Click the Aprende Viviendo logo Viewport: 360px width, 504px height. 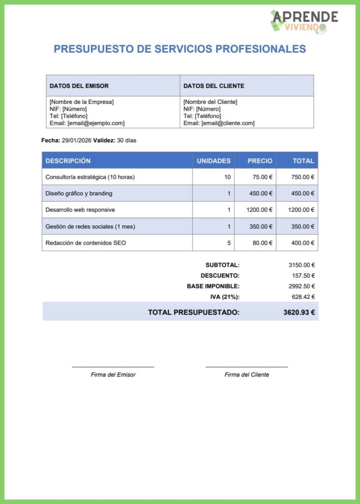[x=304, y=22]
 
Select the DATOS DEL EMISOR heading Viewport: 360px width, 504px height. [x=79, y=86]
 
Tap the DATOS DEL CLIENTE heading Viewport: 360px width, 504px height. [x=214, y=86]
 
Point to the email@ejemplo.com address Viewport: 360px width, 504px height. [x=96, y=124]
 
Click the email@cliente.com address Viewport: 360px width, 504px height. [x=228, y=124]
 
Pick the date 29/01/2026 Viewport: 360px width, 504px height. [x=77, y=141]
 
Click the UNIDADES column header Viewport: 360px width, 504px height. [x=214, y=161]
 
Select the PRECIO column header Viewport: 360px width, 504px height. [x=260, y=161]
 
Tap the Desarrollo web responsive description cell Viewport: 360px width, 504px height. [x=80, y=210]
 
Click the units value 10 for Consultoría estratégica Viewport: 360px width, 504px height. [x=227, y=177]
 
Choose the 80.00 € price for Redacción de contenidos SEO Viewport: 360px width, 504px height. [x=262, y=243]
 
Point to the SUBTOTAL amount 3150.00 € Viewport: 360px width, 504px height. [x=301, y=265]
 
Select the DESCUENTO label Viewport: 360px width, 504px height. [x=220, y=276]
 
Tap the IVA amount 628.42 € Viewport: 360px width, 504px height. [x=303, y=297]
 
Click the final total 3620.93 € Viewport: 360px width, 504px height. [x=299, y=312]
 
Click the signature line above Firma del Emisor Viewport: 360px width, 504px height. [x=113, y=367]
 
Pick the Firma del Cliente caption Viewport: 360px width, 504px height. [x=247, y=375]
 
